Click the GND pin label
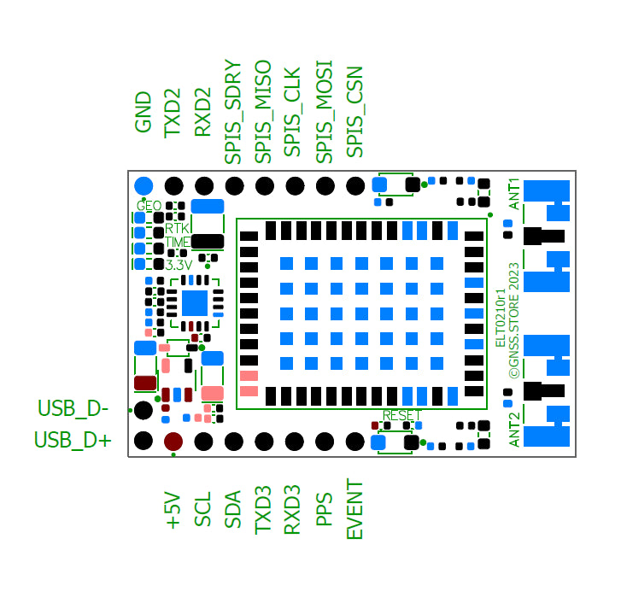point(144,112)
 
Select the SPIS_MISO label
point(264,112)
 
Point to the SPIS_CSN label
point(355,111)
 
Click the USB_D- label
point(73,409)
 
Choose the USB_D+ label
point(73,441)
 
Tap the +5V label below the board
point(173,510)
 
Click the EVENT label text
point(355,509)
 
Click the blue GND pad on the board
point(144,185)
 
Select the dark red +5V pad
point(173,441)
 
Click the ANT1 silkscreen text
point(514,194)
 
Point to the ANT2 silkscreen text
point(514,430)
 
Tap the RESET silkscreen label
point(401,415)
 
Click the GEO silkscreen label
point(149,206)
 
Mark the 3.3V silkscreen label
point(179,265)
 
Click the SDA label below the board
point(233,510)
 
